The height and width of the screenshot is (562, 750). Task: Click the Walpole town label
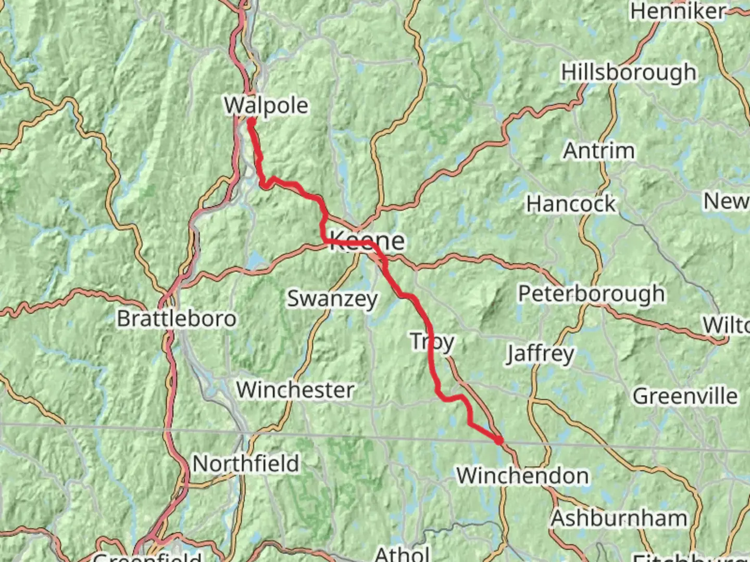click(x=266, y=106)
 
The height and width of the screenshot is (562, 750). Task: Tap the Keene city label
click(x=367, y=241)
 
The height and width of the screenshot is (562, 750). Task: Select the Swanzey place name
click(x=332, y=299)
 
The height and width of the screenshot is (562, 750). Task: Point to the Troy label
click(x=432, y=342)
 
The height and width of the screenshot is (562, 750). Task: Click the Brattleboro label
click(x=177, y=318)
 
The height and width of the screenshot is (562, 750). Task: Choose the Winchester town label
click(x=295, y=390)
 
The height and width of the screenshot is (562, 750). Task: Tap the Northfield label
click(x=246, y=464)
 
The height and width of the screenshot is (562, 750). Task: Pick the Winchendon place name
click(x=523, y=476)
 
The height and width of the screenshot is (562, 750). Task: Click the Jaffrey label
click(x=540, y=354)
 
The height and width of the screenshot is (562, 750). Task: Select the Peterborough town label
click(x=591, y=294)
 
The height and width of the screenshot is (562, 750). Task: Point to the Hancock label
click(x=571, y=204)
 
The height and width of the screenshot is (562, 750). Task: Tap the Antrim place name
click(x=599, y=151)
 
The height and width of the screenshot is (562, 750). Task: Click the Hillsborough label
click(x=629, y=72)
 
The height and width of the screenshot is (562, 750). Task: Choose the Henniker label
click(x=678, y=11)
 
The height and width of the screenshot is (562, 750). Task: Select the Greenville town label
click(x=685, y=397)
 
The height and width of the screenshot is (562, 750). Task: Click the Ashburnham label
click(x=619, y=518)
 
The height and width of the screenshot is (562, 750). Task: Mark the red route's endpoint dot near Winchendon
click(x=499, y=441)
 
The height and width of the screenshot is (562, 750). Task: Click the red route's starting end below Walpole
click(x=251, y=122)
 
